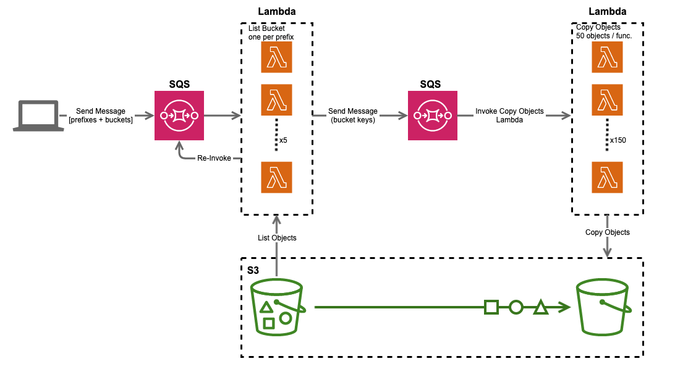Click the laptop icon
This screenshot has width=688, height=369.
[x=38, y=116]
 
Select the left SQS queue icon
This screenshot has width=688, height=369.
[x=179, y=116]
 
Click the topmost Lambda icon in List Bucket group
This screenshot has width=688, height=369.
[x=276, y=59]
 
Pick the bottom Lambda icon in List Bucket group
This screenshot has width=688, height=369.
[x=276, y=177]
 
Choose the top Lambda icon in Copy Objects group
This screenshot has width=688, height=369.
[x=608, y=59]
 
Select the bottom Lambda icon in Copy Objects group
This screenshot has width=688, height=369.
[x=608, y=177]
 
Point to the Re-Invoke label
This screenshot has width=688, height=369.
[x=214, y=158]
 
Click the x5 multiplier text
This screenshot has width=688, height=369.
[x=283, y=140]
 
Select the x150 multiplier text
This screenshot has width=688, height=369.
[x=618, y=140]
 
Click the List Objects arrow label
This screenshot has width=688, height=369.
[x=277, y=238]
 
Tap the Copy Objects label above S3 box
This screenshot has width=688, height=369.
[x=608, y=232]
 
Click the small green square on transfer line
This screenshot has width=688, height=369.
[x=491, y=307]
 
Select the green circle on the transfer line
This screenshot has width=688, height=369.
[x=516, y=307]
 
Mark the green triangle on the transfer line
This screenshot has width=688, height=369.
[x=540, y=307]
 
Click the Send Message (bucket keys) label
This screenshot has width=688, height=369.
[x=352, y=116]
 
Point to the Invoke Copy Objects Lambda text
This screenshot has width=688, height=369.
[x=509, y=116]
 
